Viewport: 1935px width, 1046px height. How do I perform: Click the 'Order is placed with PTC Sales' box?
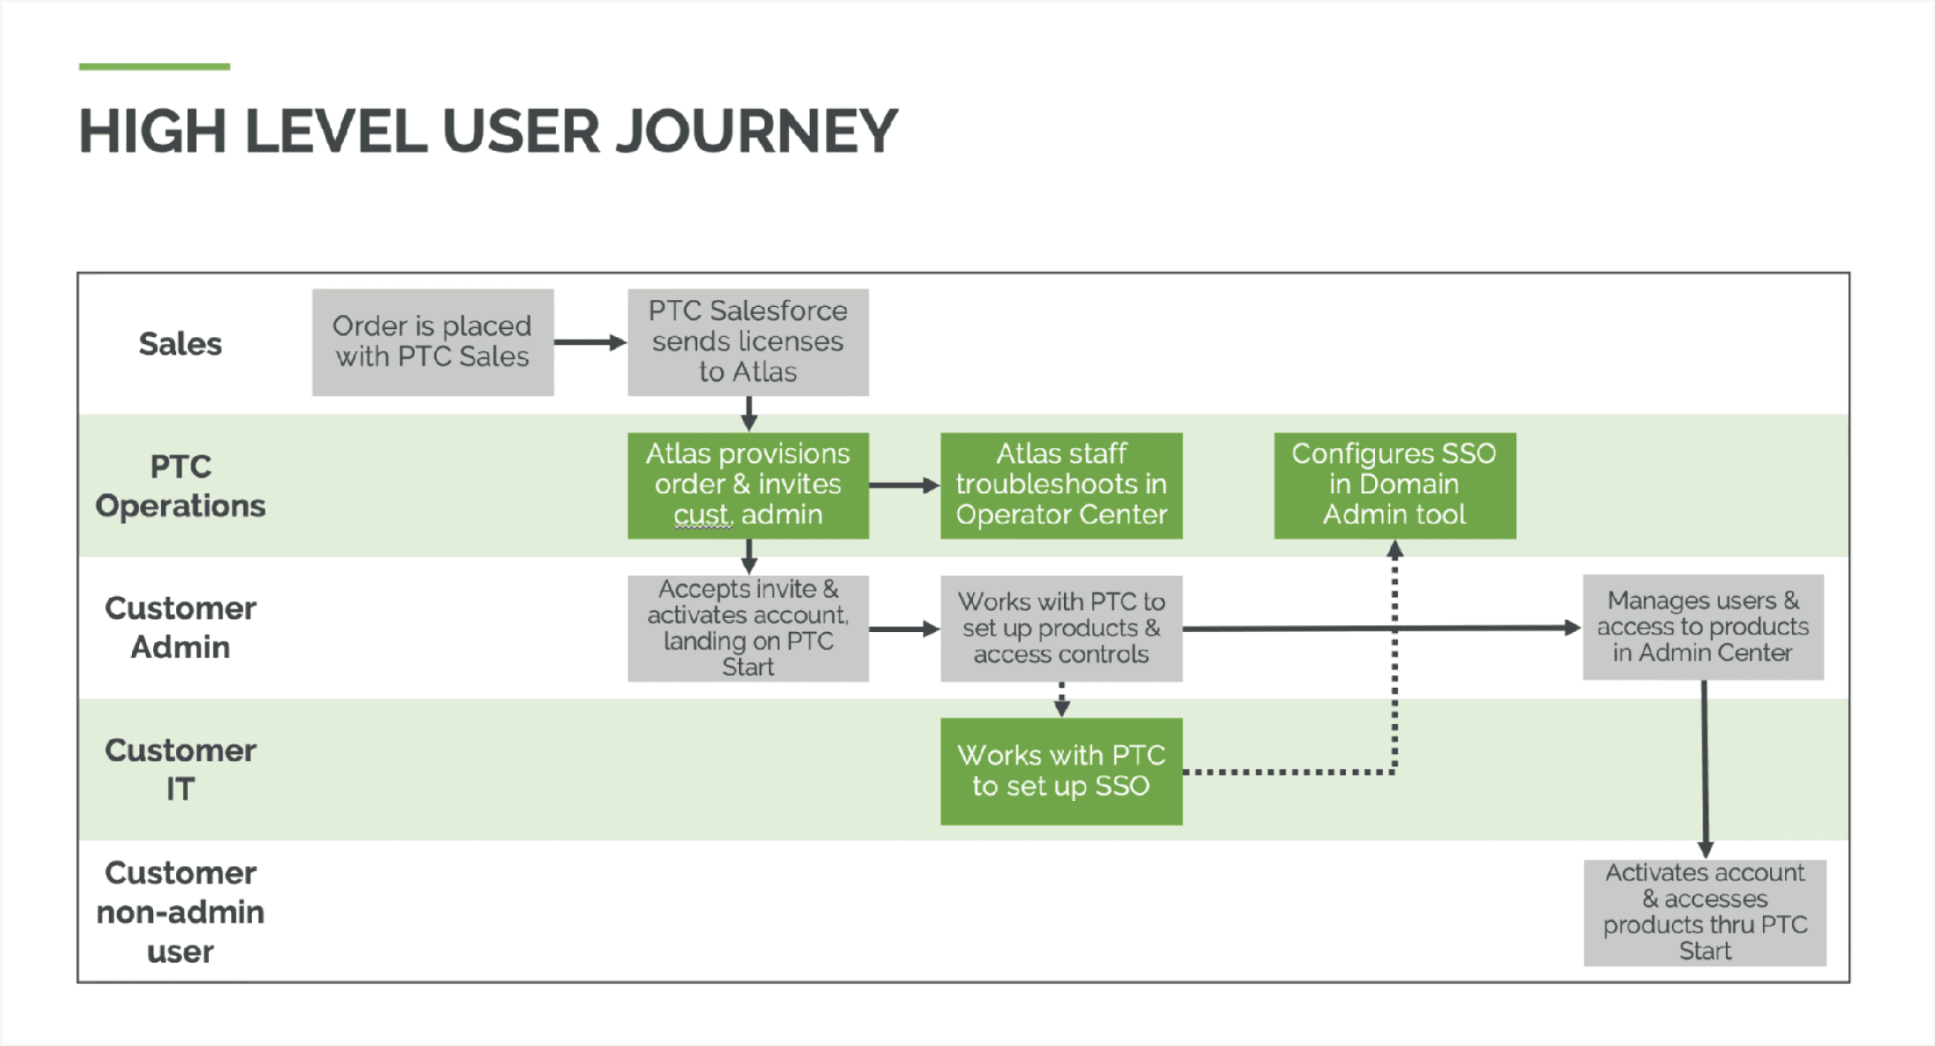click(433, 342)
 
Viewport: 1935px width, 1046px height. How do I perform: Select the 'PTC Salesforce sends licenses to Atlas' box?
click(748, 342)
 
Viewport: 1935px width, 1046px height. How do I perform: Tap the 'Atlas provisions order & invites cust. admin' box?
click(748, 485)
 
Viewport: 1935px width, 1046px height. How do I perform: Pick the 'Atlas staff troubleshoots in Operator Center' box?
click(1061, 485)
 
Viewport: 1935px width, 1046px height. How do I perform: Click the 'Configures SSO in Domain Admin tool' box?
click(1394, 485)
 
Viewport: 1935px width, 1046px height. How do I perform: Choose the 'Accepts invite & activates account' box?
click(748, 628)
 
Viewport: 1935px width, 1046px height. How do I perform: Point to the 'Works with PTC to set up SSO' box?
click(1061, 771)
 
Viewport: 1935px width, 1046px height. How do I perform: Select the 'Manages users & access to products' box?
click(1703, 627)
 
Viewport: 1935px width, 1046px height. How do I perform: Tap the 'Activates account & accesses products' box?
click(1704, 913)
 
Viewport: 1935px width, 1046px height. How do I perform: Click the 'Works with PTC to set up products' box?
click(1061, 628)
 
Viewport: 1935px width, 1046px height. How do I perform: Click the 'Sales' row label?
click(181, 344)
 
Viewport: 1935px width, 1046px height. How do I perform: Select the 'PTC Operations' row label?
click(181, 486)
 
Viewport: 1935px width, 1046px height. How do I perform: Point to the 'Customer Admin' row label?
click(181, 628)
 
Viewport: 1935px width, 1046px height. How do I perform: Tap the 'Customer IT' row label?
click(181, 770)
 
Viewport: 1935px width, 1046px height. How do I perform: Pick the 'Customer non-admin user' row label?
click(181, 913)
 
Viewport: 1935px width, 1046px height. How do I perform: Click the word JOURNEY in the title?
click(757, 131)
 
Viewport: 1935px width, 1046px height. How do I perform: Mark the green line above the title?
click(155, 67)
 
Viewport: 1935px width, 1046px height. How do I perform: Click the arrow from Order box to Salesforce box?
click(590, 342)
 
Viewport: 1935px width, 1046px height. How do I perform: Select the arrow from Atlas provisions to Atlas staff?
click(904, 485)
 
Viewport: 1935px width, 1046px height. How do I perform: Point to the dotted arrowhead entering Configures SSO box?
click(1395, 549)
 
